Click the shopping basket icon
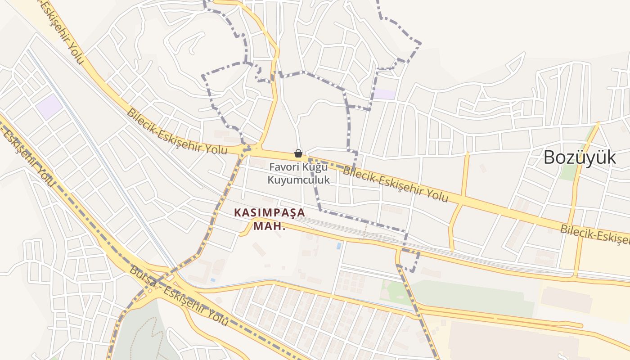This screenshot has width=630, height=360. pos(298,153)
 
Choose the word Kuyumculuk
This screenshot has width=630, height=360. pos(299,180)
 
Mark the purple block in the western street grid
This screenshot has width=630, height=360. pos(49,107)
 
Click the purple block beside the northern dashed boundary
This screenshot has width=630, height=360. pos(385,94)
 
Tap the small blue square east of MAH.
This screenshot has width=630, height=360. pos(338,246)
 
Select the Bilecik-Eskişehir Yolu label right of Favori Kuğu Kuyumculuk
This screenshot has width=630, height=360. pos(396,184)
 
